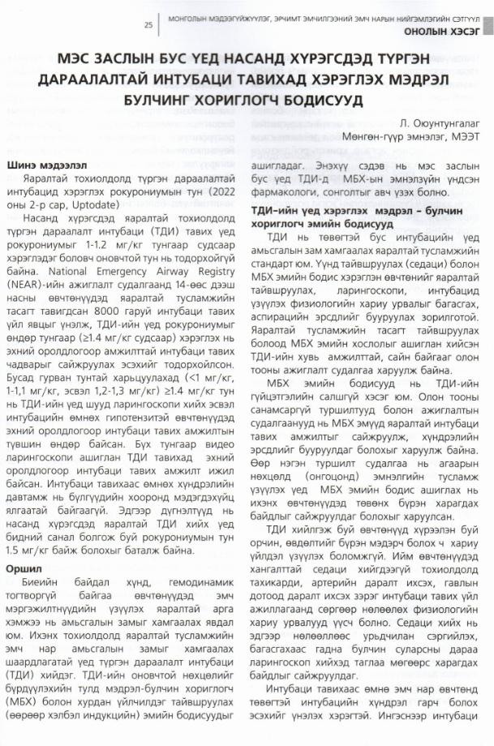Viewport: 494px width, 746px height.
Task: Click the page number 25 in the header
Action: pyautogui.click(x=148, y=25)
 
